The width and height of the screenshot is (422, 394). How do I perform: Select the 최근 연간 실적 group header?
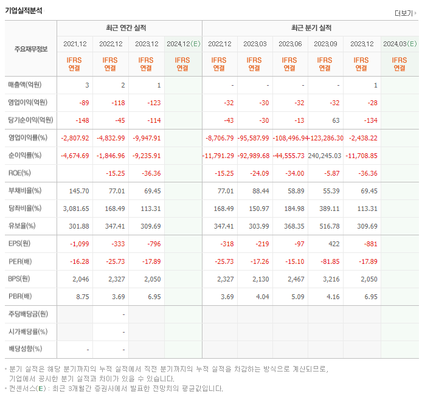[x=128, y=28]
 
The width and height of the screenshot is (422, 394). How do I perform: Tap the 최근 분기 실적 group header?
[x=310, y=28]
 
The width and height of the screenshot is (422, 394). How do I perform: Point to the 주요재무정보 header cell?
[x=31, y=49]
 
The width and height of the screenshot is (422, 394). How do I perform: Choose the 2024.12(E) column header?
[x=182, y=44]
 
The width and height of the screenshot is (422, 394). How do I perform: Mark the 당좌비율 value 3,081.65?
[x=75, y=209]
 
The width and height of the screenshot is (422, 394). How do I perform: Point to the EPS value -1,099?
[x=80, y=244]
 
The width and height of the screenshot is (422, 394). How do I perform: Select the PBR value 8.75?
[x=82, y=297]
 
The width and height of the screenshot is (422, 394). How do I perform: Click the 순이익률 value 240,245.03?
[x=326, y=156]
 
